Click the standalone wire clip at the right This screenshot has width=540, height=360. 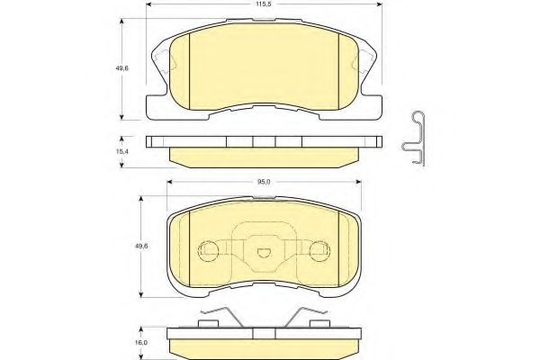pos(416,138)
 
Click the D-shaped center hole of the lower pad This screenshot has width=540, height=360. pos(264,254)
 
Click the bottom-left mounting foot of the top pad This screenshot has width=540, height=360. pos(155,112)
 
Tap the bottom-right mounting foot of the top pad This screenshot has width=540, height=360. pos(371,112)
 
